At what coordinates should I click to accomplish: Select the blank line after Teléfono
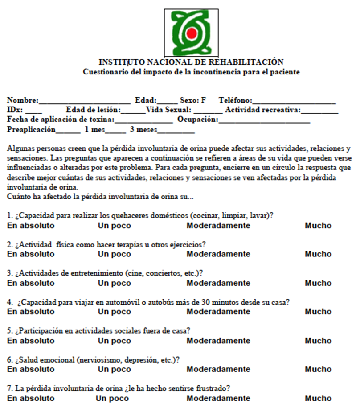click(x=294, y=101)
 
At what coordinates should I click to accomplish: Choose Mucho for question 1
click(x=318, y=226)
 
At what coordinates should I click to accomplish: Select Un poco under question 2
click(x=115, y=254)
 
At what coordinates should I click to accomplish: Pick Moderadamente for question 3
click(x=218, y=283)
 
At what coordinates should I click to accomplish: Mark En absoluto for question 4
click(x=31, y=312)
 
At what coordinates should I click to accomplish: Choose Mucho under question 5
click(x=318, y=341)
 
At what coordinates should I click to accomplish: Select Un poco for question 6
click(x=115, y=369)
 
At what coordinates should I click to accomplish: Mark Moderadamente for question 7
click(x=218, y=398)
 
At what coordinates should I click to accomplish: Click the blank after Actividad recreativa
click(x=319, y=111)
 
